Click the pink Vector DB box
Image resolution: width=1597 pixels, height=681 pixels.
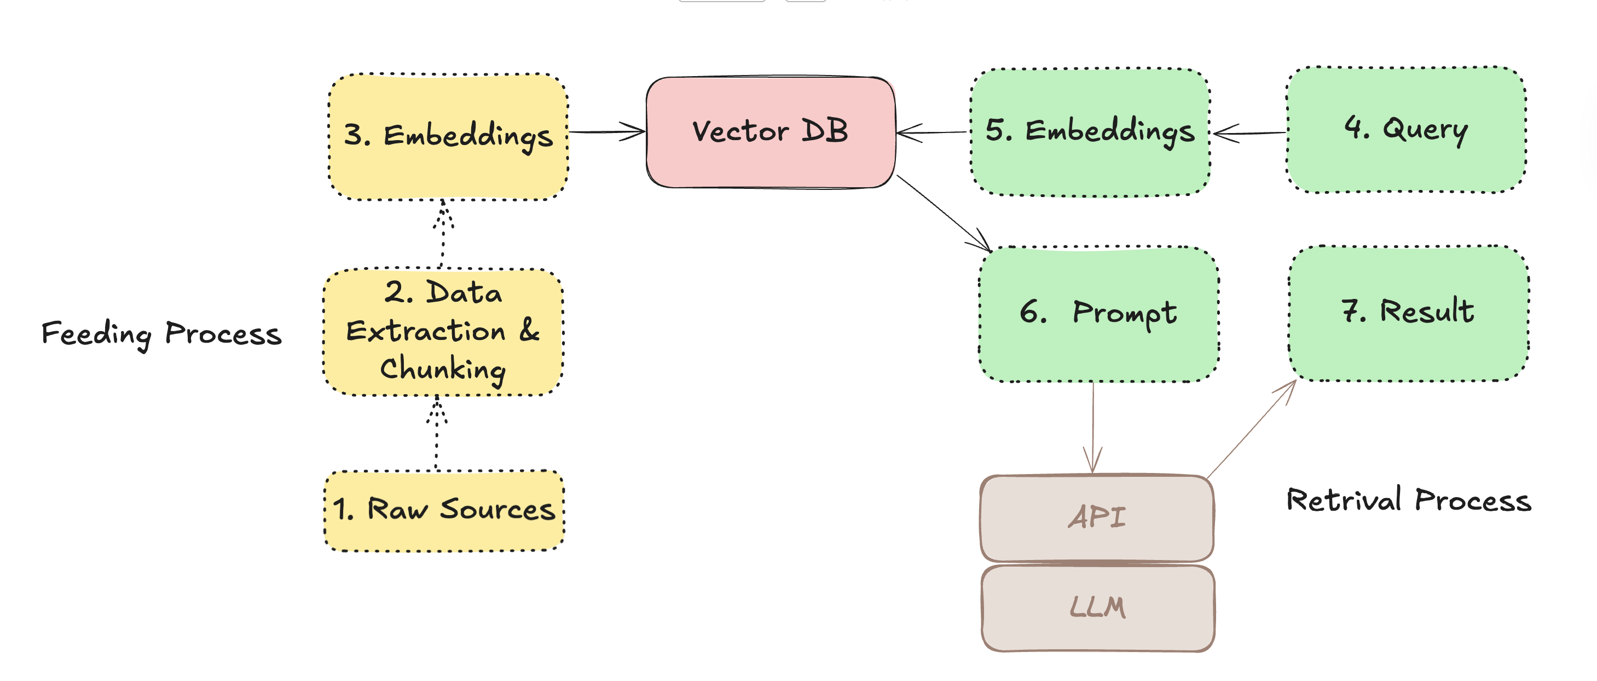(x=771, y=132)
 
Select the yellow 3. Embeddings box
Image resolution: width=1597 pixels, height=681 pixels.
(x=448, y=136)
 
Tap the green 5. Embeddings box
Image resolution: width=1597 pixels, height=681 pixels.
(x=1090, y=132)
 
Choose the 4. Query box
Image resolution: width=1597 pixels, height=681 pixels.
(x=1406, y=130)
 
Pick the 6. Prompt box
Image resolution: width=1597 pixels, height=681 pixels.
(x=1098, y=314)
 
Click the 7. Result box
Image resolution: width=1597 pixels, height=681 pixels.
(x=1409, y=313)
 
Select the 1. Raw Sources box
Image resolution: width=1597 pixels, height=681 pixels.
(x=444, y=510)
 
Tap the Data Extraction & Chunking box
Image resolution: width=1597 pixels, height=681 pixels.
(x=443, y=332)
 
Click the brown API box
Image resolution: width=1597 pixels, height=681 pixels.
(x=1097, y=518)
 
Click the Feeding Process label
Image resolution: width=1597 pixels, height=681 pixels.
(x=161, y=334)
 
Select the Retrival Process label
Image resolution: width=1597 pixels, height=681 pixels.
(x=1409, y=500)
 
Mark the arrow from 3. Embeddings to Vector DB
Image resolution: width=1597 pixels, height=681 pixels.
(x=606, y=131)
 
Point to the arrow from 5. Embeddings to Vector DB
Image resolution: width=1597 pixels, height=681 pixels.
(x=933, y=132)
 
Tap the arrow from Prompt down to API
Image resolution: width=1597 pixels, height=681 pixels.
(x=1093, y=428)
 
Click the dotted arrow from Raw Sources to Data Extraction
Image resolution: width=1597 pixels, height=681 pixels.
(x=436, y=434)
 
